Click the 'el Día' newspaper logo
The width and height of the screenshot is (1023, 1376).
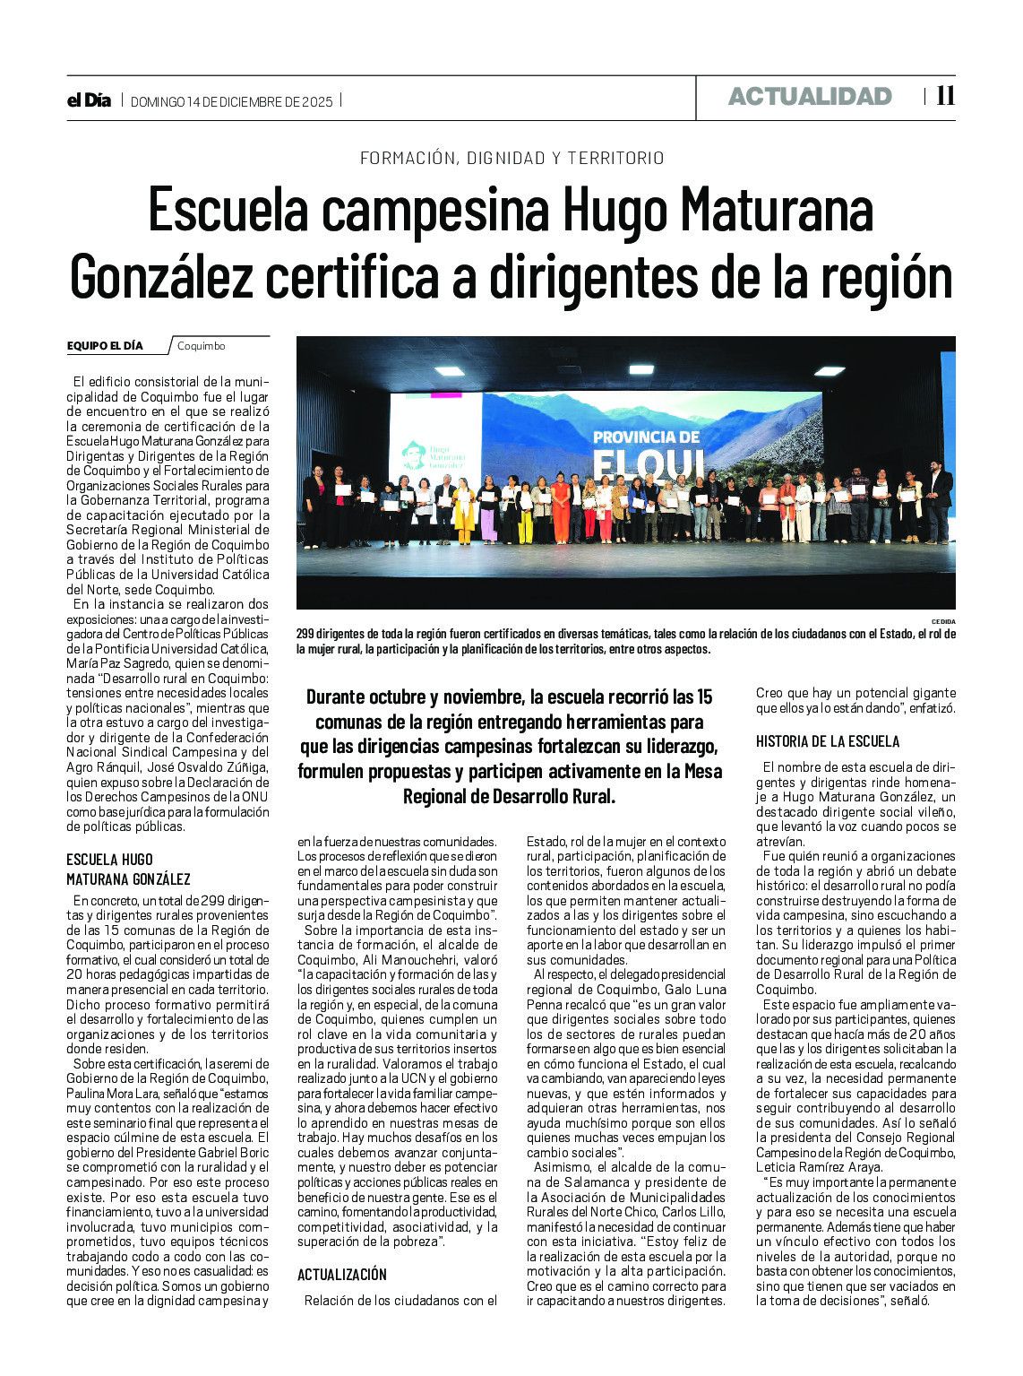coord(89,100)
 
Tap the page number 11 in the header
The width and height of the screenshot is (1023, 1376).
coord(945,96)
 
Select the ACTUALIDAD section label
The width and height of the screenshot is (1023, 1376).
coord(810,97)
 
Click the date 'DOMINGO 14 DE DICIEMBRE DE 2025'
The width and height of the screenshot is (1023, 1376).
coord(231,101)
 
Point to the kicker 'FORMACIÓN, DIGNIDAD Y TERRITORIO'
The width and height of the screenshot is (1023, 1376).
coord(511,158)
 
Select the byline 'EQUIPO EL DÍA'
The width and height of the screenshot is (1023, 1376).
coord(105,345)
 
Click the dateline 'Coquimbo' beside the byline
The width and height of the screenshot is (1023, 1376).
coord(201,346)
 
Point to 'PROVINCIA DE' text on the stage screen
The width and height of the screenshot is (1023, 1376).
coord(646,437)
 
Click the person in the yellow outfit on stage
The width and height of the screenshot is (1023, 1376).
coord(463,512)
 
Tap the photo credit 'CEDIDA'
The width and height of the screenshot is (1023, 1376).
coord(942,621)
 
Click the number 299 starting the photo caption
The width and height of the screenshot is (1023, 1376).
coord(307,634)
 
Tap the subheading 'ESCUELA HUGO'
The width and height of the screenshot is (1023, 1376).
coord(109,860)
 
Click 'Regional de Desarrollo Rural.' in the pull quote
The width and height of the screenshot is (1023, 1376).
coord(509,796)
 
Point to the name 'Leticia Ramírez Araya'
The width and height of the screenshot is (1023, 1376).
coord(819,1167)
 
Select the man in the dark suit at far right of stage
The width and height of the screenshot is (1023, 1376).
coord(937,502)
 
